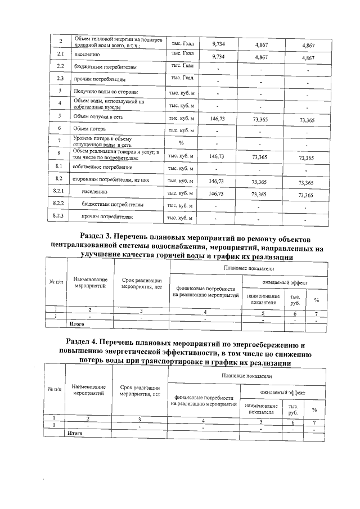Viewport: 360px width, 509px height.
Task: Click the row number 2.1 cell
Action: point(60,55)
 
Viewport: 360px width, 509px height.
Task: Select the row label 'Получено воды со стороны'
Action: point(106,92)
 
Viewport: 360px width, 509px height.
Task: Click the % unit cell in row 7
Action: point(181,142)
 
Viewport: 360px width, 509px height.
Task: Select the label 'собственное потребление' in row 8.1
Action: point(102,167)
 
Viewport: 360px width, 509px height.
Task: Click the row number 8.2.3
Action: point(58,216)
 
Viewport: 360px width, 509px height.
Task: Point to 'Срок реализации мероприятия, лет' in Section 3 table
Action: point(142,283)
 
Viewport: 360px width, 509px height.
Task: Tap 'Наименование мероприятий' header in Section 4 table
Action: point(89,390)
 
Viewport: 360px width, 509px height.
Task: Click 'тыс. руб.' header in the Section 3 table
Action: point(295,299)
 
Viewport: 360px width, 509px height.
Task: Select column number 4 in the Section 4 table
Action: point(204,421)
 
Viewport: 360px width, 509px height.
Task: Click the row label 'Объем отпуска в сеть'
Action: point(98,117)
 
